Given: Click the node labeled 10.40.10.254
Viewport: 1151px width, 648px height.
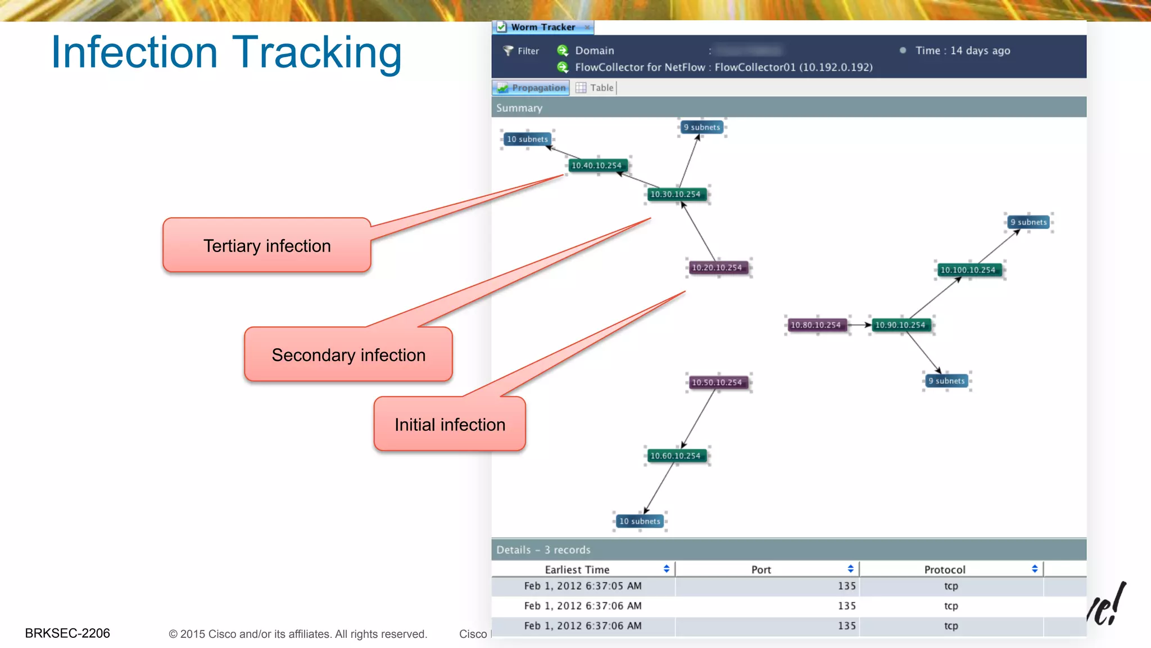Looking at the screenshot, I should [x=596, y=165].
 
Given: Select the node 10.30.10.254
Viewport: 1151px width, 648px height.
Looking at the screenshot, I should [x=676, y=194].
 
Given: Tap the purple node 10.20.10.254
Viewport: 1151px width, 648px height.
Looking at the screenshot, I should [x=717, y=268].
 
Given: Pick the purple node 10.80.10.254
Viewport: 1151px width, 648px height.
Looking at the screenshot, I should [x=815, y=325].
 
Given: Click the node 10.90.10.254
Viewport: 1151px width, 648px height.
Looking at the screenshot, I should [x=900, y=325].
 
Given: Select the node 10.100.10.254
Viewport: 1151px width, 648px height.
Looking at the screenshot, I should [x=968, y=270].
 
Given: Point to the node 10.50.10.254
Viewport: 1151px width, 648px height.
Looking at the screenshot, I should [x=717, y=382].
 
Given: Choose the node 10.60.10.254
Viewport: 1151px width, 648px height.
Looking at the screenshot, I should [x=676, y=456].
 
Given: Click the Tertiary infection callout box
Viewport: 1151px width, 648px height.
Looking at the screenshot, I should [x=267, y=246].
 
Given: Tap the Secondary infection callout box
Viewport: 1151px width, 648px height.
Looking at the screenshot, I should [x=348, y=355].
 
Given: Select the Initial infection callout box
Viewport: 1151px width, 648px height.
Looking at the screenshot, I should [x=450, y=425].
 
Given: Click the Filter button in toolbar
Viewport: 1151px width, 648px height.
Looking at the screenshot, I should [x=521, y=51].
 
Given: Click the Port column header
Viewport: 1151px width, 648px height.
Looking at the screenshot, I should [x=761, y=569].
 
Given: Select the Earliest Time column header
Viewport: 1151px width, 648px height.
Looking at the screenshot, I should [x=577, y=569].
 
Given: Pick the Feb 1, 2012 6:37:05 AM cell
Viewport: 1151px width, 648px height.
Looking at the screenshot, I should [x=583, y=586].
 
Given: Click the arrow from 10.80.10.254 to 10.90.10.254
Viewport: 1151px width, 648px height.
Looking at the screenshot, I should [x=858, y=325].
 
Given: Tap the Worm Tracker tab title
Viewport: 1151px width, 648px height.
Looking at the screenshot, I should [x=543, y=27].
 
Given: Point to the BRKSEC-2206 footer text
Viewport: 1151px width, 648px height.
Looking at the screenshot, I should [x=67, y=633].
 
